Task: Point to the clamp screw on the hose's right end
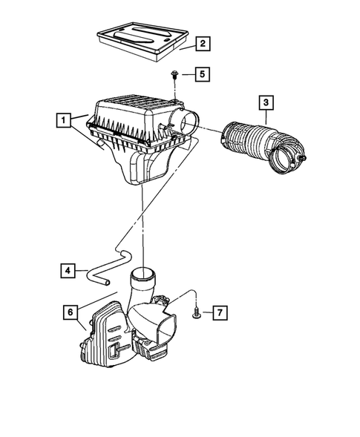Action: (x=304, y=159)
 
